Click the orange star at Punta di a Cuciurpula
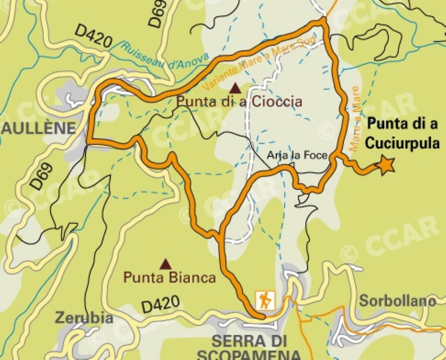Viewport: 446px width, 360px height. coord(386,165)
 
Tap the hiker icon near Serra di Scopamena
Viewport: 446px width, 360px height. coord(265,300)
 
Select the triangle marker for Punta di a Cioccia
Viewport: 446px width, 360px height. coord(236,88)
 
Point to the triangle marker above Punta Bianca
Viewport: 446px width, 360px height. coord(165,264)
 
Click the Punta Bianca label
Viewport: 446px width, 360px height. coord(169,278)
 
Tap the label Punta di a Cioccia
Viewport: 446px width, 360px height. coord(239,102)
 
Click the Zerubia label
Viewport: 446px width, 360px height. coord(84,318)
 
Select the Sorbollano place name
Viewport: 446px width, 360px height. coord(397,301)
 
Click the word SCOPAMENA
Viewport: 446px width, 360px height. coord(249,354)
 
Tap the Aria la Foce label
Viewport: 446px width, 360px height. coord(297,155)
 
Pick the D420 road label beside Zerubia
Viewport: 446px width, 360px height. coord(160,304)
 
